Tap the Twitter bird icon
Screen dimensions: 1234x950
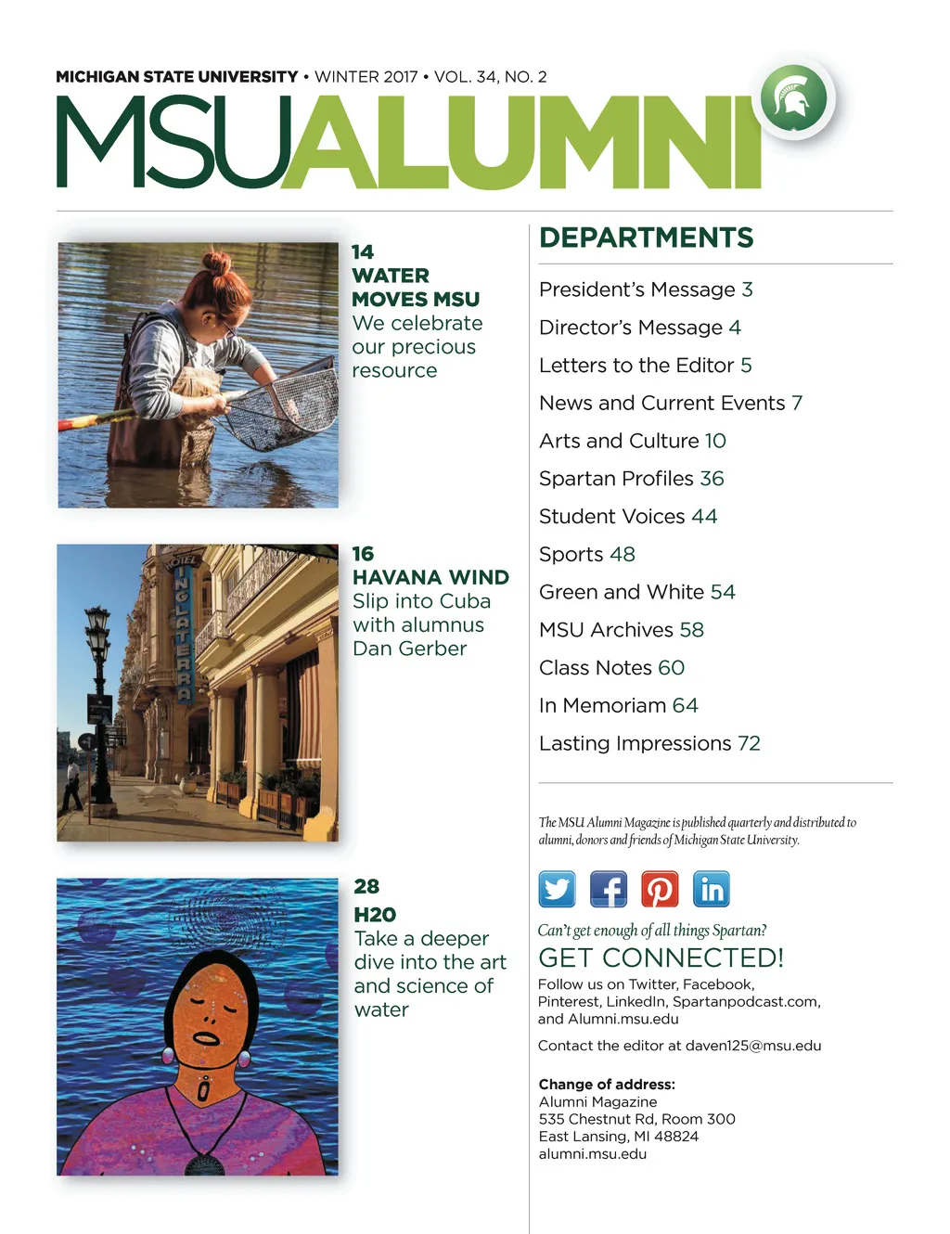click(x=557, y=889)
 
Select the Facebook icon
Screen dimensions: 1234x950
click(x=609, y=889)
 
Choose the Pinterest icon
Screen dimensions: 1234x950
click(x=660, y=889)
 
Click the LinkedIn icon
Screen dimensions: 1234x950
click(x=711, y=889)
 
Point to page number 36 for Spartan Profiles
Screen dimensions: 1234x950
click(x=712, y=479)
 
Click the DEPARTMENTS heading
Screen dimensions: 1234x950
click(x=646, y=238)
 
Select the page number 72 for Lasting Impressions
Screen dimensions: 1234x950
click(x=749, y=744)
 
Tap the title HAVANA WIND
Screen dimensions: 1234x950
click(x=430, y=577)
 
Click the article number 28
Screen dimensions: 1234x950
click(x=366, y=886)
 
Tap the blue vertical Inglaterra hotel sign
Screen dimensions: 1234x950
click(x=183, y=631)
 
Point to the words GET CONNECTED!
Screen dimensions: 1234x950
click(x=661, y=958)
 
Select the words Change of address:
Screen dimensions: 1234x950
click(x=607, y=1084)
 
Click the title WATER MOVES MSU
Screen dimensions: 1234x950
click(x=416, y=288)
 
